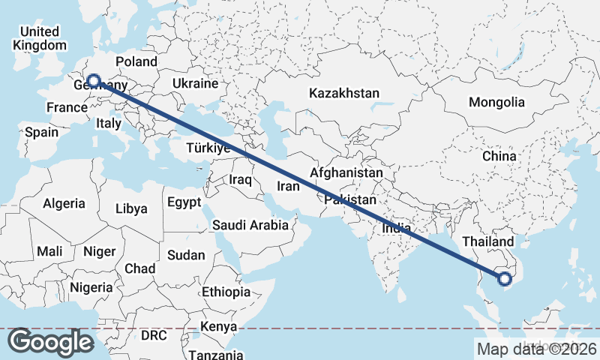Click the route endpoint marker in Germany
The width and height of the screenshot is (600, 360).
point(94,80)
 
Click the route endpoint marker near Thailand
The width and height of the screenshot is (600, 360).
point(505,279)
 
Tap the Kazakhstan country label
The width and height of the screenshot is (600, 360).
point(346,94)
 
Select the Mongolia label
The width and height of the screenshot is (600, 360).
point(497,102)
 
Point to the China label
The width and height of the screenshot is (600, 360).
point(499,156)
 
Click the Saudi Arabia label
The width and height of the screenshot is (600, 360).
point(250,225)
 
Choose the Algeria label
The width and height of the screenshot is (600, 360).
point(64,203)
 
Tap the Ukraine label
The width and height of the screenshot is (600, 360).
point(195,83)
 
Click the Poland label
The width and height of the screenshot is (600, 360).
point(136,61)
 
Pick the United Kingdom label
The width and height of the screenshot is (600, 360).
point(40,38)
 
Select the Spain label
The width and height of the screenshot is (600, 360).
point(41,132)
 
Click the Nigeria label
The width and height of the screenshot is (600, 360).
point(91,287)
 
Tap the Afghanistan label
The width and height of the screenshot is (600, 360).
point(346,173)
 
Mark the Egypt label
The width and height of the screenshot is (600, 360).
point(184,202)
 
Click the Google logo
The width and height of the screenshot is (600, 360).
point(51,342)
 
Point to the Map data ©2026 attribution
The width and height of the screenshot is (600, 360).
point(536,349)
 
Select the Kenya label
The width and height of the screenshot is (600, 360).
point(218,327)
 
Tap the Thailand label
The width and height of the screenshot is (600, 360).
point(487,241)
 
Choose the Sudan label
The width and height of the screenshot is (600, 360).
point(186,255)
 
